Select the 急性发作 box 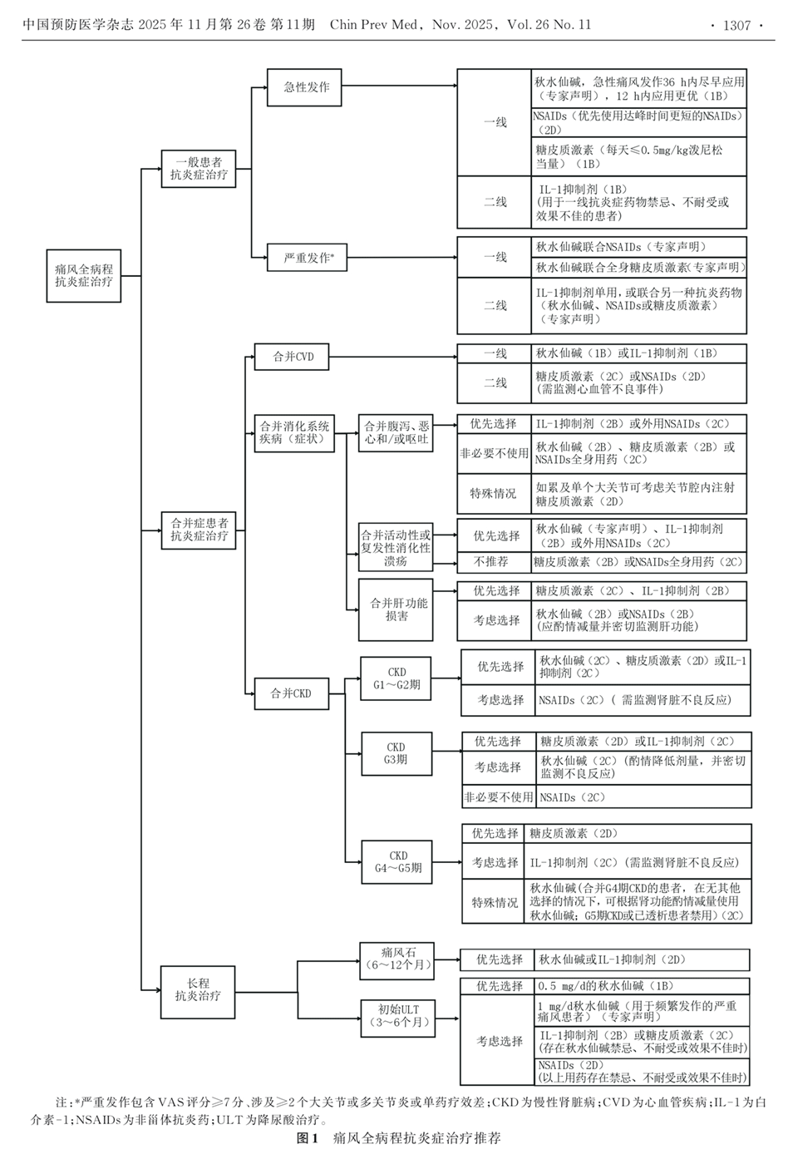click(x=305, y=86)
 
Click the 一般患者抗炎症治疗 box click(x=199, y=169)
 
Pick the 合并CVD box click(x=293, y=357)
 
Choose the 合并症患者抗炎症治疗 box click(x=199, y=530)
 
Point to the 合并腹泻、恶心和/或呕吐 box click(x=396, y=432)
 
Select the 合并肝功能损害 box click(x=397, y=609)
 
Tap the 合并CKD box click(x=291, y=693)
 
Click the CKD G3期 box click(x=396, y=753)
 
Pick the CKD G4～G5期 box click(x=397, y=861)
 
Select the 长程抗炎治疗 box click(x=198, y=989)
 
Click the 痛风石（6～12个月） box click(x=397, y=959)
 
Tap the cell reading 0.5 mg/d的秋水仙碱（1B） click(x=640, y=986)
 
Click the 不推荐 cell click(x=492, y=562)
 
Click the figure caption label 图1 click(x=307, y=1138)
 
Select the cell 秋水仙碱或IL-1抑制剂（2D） click(x=640, y=959)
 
